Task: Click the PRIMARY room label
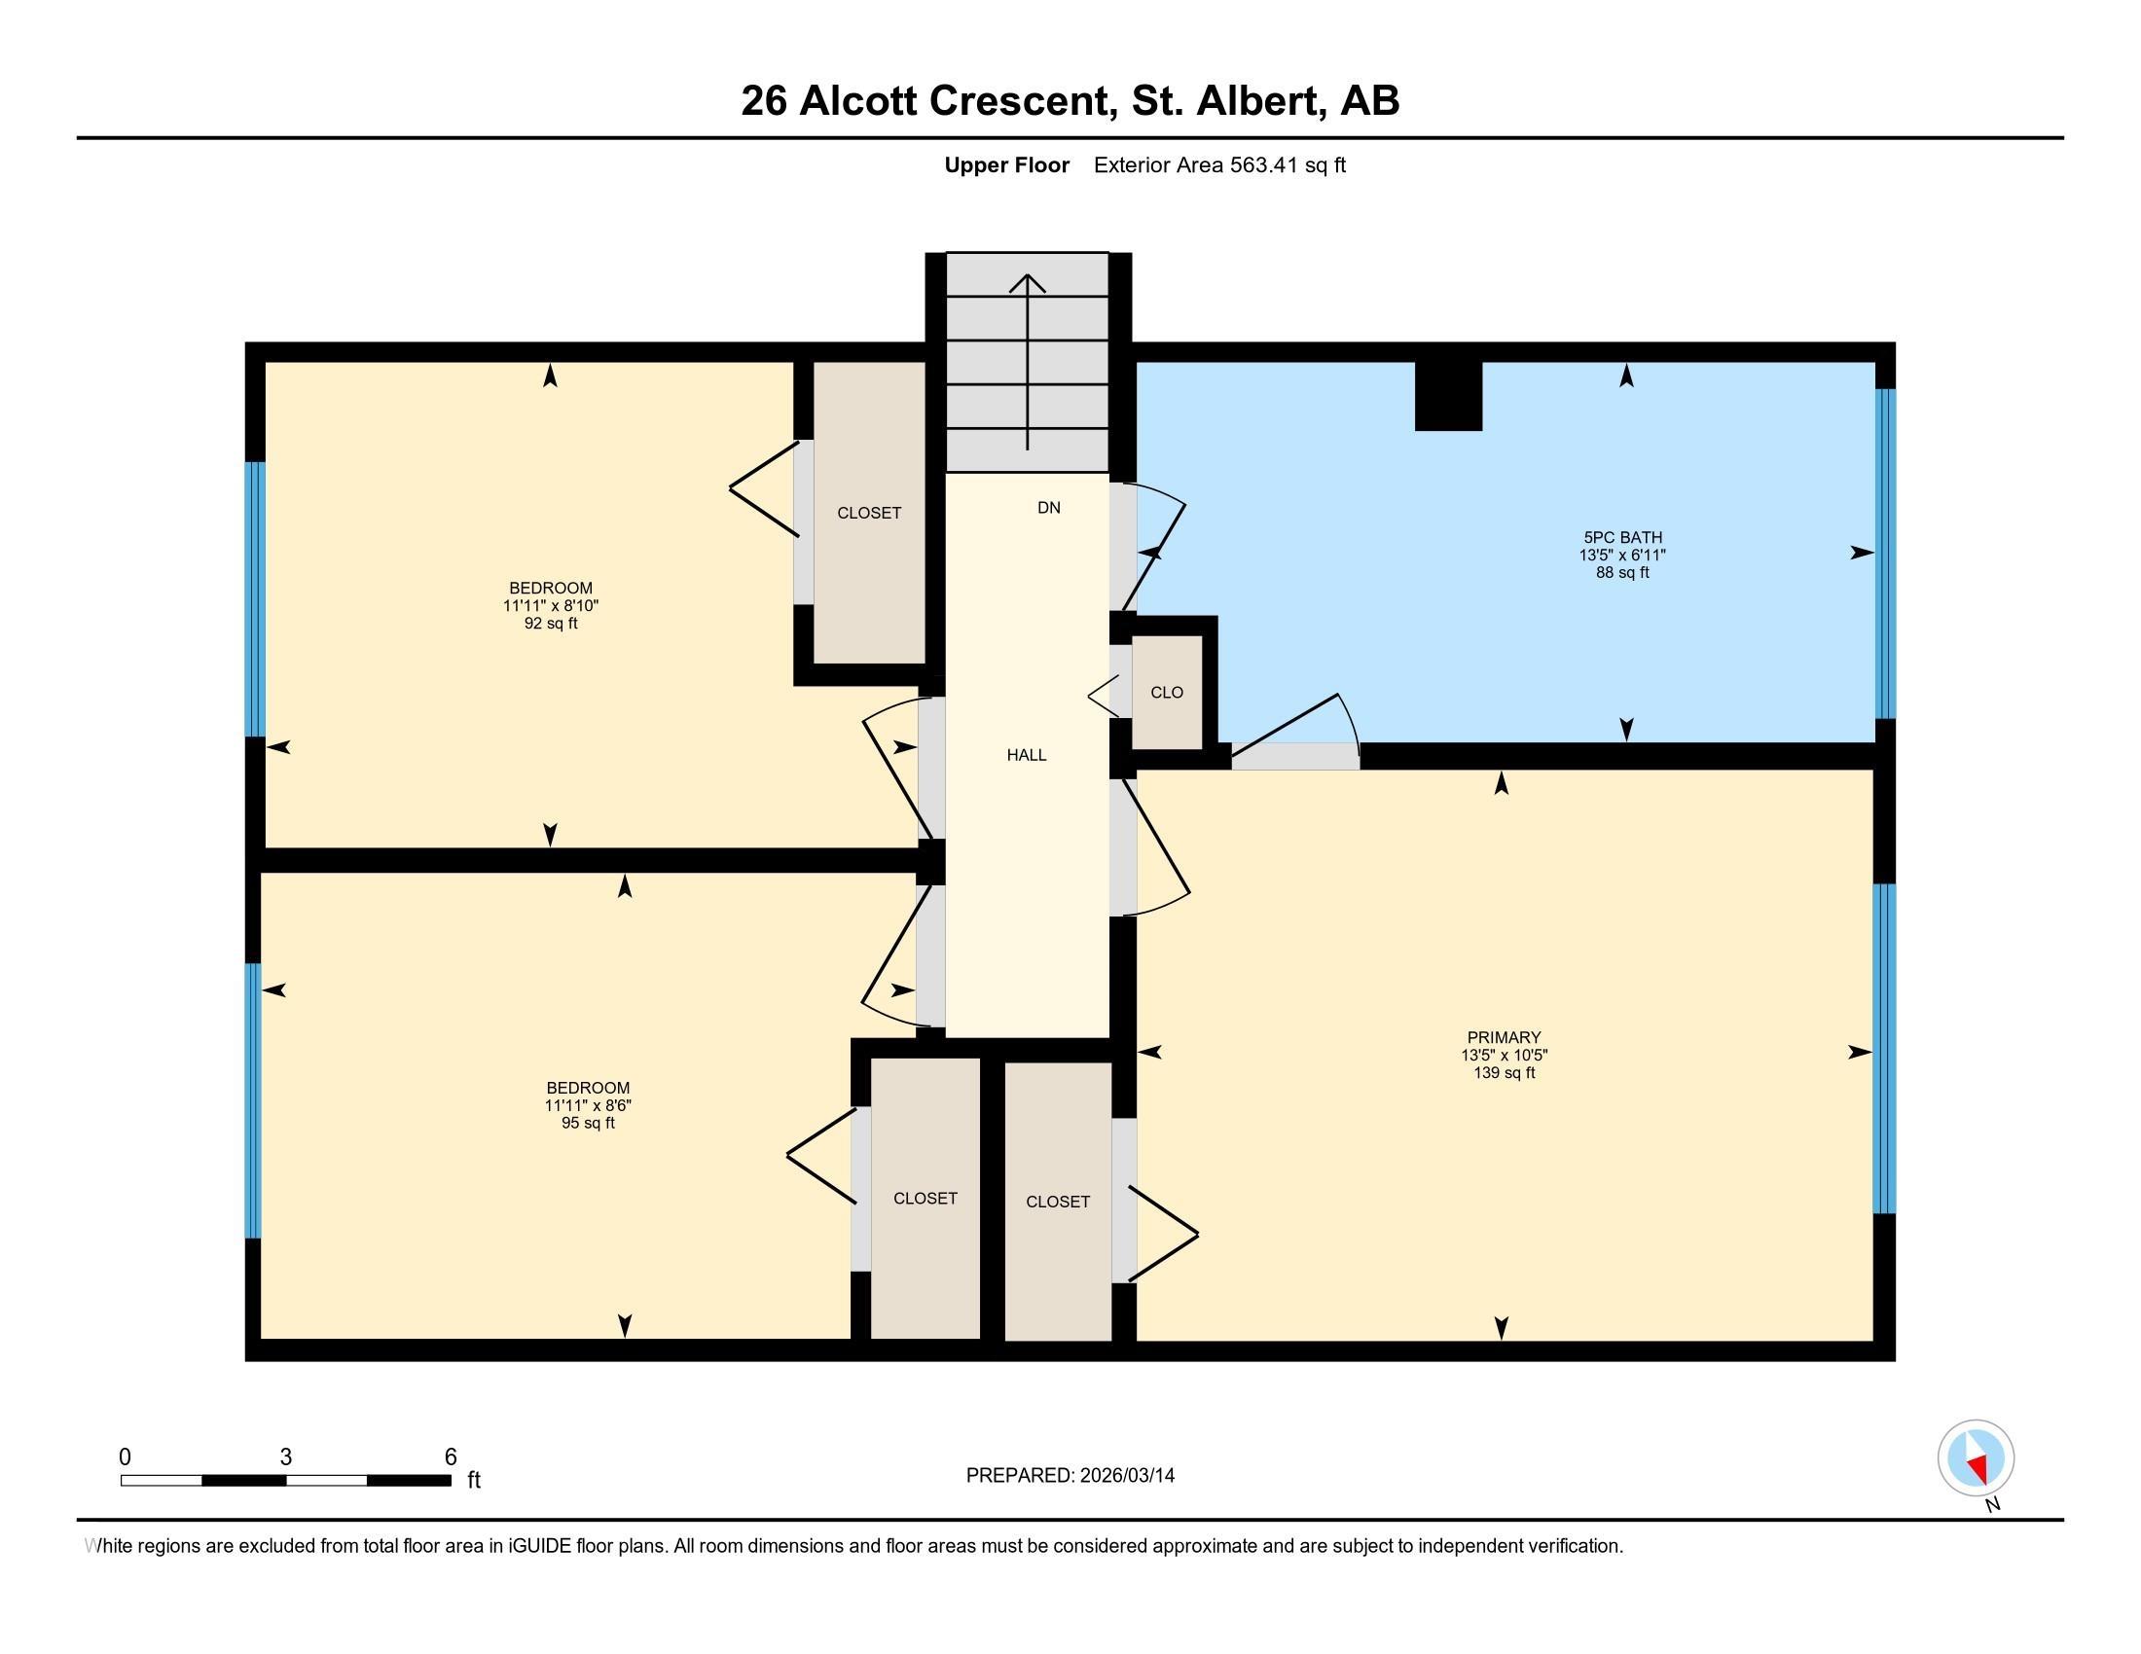1504,1038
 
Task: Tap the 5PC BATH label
1622,537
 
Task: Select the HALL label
1027,754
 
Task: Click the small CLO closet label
1167,692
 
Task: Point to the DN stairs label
1049,508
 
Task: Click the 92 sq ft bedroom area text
550,624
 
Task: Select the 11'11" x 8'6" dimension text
588,1105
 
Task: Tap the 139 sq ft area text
1504,1073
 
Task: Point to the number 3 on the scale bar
285,1456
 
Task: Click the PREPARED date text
1070,1476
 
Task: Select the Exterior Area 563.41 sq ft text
1219,165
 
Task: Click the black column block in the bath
1448,396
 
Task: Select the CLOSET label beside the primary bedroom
1058,1202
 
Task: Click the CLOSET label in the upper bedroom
868,513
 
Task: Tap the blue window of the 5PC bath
1885,554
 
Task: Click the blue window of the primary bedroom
1883,1049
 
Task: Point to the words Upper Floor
1007,165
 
